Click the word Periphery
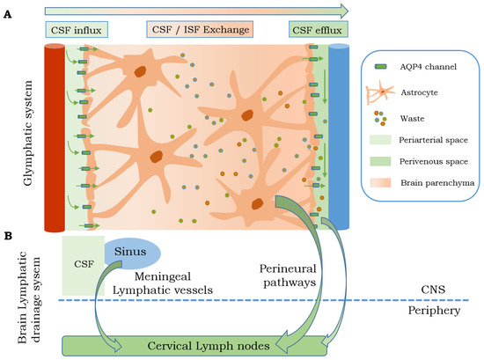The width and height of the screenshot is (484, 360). point(442,312)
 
